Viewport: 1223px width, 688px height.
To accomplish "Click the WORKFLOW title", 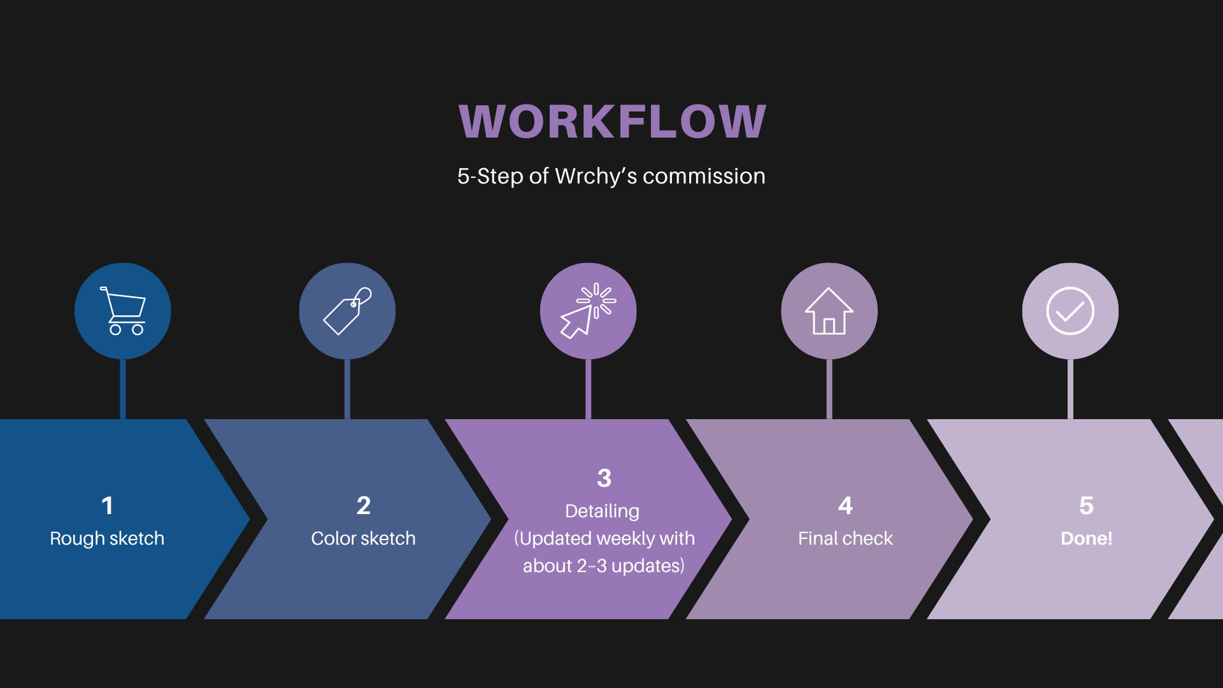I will click(x=612, y=121).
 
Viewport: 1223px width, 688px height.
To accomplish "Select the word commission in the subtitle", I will click(x=704, y=176).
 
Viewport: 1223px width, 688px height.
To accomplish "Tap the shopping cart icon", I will click(x=123, y=311).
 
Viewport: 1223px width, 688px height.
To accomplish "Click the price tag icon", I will click(x=347, y=311).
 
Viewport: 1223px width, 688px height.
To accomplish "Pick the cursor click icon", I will click(x=588, y=311).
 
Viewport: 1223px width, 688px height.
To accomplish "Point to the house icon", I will click(x=829, y=311).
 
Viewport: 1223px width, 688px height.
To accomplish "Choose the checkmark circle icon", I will click(x=1070, y=311).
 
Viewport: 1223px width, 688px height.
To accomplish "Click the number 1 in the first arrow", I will click(x=107, y=506).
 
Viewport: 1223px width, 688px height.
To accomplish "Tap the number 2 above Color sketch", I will click(x=363, y=506).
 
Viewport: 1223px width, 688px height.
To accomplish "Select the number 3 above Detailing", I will click(x=604, y=478).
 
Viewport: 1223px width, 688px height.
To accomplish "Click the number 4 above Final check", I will click(x=845, y=506).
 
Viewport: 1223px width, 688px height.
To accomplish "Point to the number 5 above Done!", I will click(x=1086, y=506).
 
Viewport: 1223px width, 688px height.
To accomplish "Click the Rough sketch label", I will click(x=107, y=538).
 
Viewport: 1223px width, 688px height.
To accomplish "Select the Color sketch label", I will click(x=363, y=538).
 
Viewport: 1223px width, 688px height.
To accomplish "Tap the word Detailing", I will click(x=602, y=511).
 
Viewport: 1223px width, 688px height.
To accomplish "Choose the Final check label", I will click(x=845, y=538).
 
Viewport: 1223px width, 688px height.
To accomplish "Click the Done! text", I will click(x=1086, y=538).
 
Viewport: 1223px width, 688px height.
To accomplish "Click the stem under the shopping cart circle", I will click(x=123, y=389).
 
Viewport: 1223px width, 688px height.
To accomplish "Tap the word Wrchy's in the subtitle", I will click(x=596, y=176).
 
